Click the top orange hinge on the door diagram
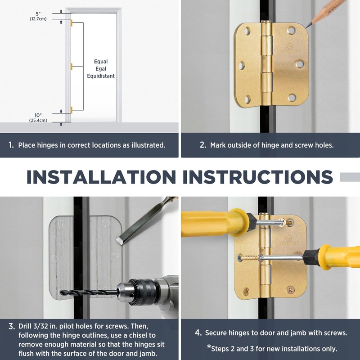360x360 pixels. coord(71,22)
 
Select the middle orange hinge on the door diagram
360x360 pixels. coord(71,67)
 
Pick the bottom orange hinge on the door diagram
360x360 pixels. coord(71,109)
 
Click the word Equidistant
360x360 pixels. coord(101,76)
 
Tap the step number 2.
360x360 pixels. coord(203,145)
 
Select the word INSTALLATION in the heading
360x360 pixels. coord(101,177)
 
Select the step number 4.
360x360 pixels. coord(198,333)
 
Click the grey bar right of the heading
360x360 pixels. coord(350,177)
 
